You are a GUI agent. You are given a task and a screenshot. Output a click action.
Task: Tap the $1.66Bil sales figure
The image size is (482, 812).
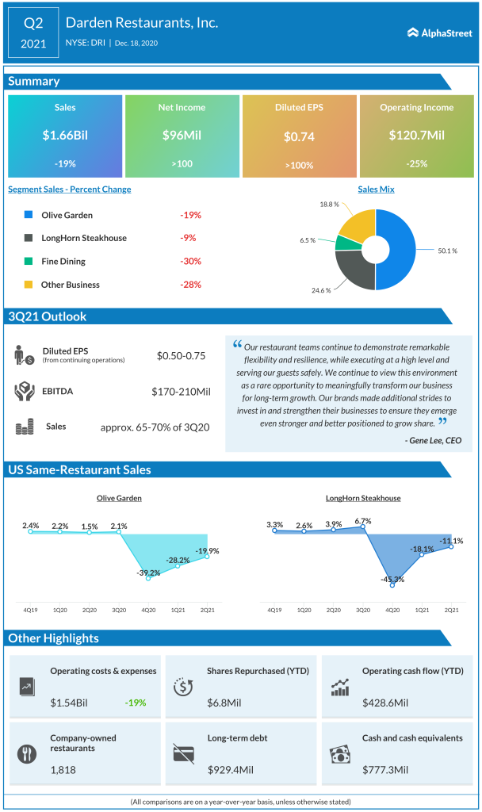click(x=65, y=136)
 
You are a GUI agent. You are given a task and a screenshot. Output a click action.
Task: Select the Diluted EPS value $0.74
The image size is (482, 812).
click(x=299, y=136)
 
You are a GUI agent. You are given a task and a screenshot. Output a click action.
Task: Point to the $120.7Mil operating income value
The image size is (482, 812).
click(x=416, y=136)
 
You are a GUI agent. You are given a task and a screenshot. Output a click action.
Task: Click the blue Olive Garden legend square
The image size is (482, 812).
click(x=29, y=215)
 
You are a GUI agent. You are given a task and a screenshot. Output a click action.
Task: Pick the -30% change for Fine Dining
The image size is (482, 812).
click(x=189, y=261)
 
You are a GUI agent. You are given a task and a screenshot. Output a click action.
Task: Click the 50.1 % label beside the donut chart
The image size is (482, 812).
click(x=449, y=250)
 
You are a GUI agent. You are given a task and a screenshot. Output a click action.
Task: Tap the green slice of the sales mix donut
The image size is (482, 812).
click(x=345, y=243)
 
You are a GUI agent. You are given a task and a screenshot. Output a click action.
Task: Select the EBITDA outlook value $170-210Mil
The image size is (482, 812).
click(x=180, y=391)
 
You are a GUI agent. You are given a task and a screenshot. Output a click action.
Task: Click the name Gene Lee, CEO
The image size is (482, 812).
click(x=433, y=440)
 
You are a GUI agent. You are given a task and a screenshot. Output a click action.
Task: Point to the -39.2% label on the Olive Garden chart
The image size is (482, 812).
click(x=147, y=573)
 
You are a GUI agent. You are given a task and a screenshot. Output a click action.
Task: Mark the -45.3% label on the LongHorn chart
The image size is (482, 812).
click(x=392, y=580)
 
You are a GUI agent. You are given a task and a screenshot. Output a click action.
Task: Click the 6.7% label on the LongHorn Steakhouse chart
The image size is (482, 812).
click(x=362, y=521)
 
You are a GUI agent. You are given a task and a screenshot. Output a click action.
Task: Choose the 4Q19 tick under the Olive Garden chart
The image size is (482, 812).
click(x=30, y=610)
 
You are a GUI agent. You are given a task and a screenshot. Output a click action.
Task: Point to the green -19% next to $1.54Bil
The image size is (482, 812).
click(x=136, y=703)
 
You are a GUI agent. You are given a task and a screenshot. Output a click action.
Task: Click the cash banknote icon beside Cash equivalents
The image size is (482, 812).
click(x=340, y=753)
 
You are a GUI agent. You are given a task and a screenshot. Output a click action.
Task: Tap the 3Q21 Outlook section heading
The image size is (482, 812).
click(x=47, y=316)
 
